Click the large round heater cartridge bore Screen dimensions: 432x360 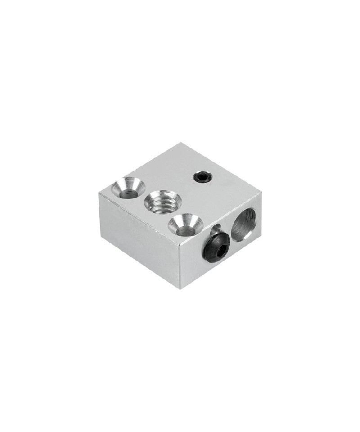[x=243, y=223]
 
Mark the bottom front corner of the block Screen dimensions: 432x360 [x=181, y=288]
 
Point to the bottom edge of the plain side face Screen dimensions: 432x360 [x=139, y=259]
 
